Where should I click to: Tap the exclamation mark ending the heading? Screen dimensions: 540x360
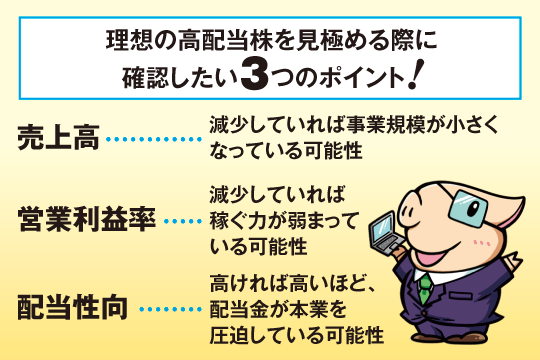point(411,73)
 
